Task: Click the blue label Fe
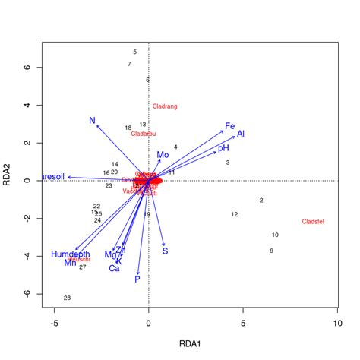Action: [x=229, y=126]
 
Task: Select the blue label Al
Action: [x=241, y=134]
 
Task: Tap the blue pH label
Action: [x=223, y=148]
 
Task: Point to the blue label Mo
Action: [x=163, y=155]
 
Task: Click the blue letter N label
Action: [x=92, y=121]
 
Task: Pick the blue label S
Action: [x=165, y=251]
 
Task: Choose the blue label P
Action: [x=137, y=279]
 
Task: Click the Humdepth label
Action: [x=71, y=254]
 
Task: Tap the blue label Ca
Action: [x=114, y=268]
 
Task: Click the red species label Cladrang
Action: [x=165, y=107]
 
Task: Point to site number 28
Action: [x=67, y=298]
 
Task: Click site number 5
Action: [x=134, y=52]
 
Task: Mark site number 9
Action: [x=271, y=251]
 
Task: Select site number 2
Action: [x=261, y=201]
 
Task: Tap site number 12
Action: [x=235, y=215]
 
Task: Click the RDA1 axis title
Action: [x=190, y=344]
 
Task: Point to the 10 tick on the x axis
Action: [x=338, y=323]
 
